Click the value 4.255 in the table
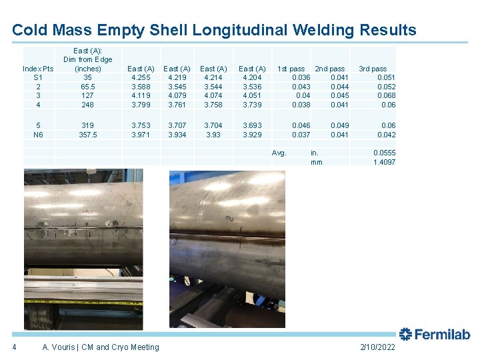click(141, 77)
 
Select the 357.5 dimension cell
click(87, 134)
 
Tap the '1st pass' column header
click(291, 68)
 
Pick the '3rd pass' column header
click(373, 68)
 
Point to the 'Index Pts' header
click(39, 68)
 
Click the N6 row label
click(39, 134)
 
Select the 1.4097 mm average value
click(384, 162)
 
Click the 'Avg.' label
click(279, 153)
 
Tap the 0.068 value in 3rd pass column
click(386, 95)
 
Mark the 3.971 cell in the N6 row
click(141, 134)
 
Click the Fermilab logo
click(435, 335)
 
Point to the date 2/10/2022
click(377, 347)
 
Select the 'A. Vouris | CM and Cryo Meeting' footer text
click(101, 347)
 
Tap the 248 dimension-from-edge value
click(87, 105)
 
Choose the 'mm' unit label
click(316, 162)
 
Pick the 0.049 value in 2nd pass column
click(339, 125)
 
